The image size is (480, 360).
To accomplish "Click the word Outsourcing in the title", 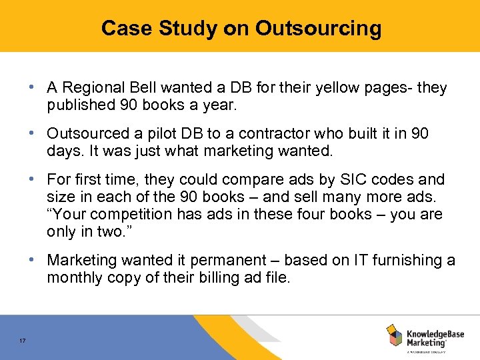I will tap(318, 28).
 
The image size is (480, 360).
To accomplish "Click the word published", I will tap(79, 105).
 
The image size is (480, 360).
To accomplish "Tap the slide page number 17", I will tap(23, 341).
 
